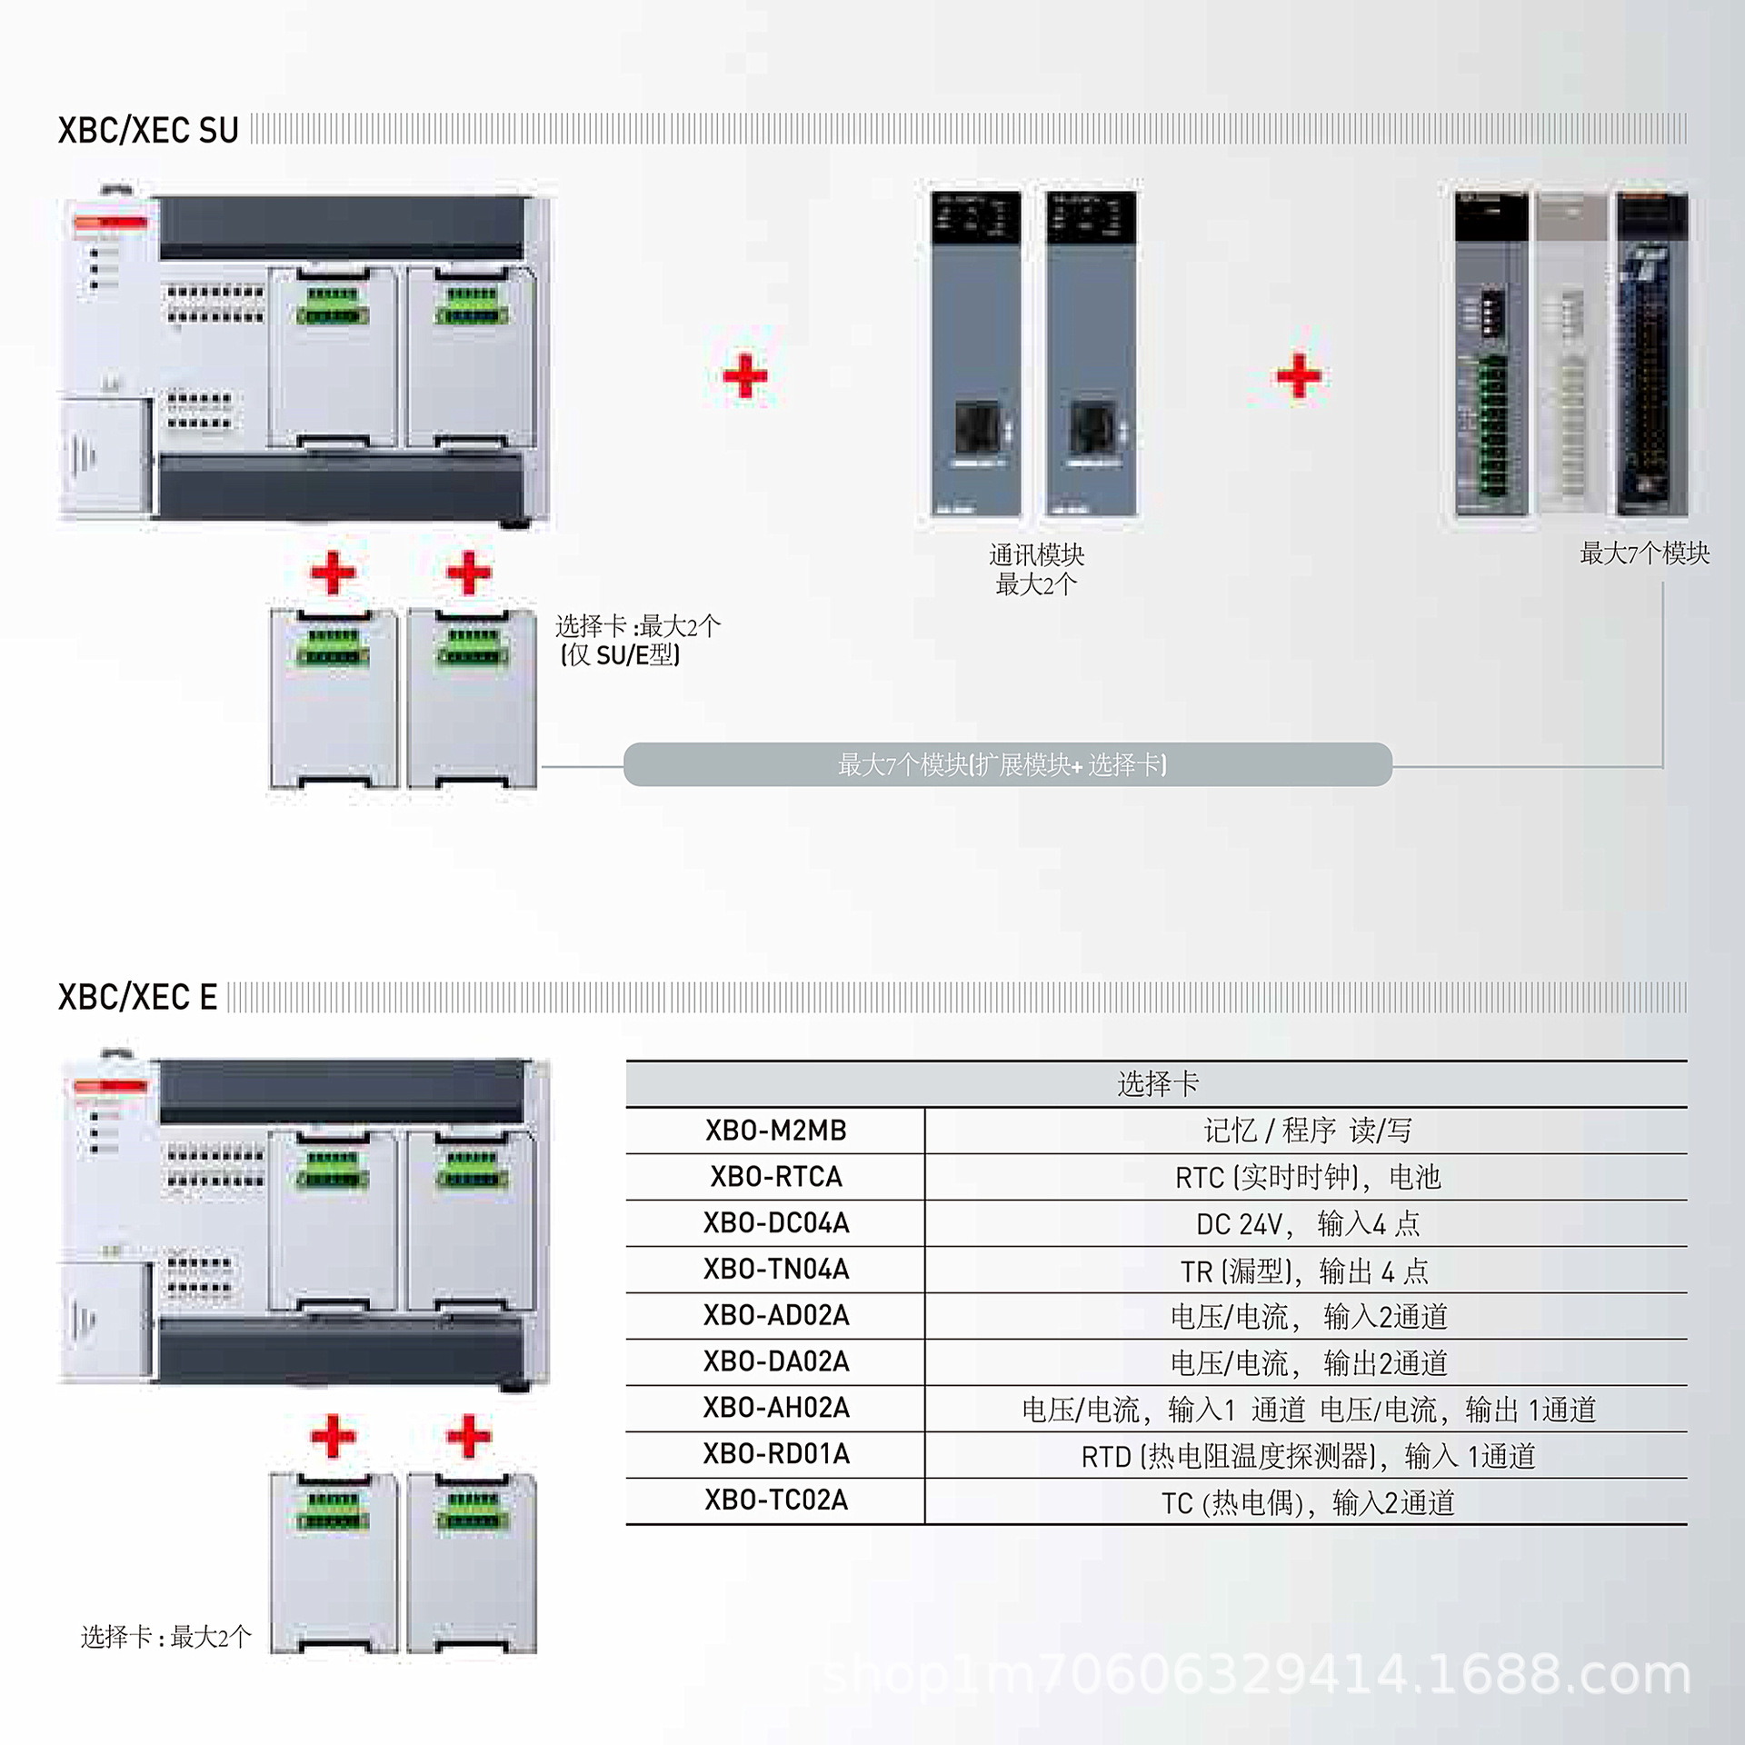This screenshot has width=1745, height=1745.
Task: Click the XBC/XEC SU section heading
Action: tap(148, 130)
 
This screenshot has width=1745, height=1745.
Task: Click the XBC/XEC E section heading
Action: tap(137, 997)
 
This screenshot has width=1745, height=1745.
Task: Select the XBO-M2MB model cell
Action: tap(775, 1131)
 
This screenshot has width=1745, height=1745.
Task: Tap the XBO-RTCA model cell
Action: tap(775, 1177)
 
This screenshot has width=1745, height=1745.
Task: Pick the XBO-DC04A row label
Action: tap(775, 1223)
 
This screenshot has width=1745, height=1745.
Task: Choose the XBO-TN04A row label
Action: tap(775, 1270)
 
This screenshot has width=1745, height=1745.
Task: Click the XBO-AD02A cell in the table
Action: tap(775, 1315)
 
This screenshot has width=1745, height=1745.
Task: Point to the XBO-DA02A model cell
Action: tap(775, 1361)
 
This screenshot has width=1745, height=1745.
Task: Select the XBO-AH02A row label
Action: tap(775, 1408)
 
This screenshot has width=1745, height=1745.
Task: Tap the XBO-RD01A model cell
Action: tap(775, 1454)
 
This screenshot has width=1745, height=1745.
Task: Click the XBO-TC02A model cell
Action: tap(775, 1501)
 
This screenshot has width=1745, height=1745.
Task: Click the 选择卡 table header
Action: tap(1157, 1083)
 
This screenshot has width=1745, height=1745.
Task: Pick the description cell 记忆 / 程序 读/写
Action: tap(1307, 1131)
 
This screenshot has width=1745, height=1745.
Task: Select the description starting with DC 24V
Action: tap(1307, 1223)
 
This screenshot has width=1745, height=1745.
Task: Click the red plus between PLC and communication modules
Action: tap(744, 375)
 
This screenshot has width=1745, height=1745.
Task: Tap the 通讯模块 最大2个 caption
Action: tap(1036, 569)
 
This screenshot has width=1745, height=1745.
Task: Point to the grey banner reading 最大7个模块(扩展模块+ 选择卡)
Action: tap(1007, 764)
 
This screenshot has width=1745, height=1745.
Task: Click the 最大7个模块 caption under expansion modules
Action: tap(1644, 553)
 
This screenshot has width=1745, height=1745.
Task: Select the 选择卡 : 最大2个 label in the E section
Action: tap(165, 1637)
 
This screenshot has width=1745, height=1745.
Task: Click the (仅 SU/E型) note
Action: tap(621, 655)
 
